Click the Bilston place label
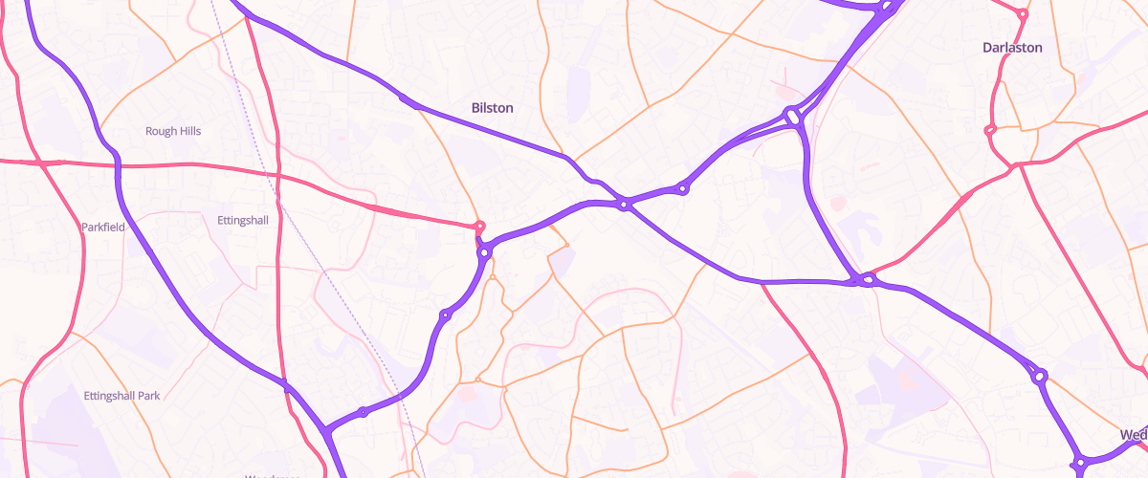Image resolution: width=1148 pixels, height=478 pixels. point(493,108)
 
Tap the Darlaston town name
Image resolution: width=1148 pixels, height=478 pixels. point(1012,47)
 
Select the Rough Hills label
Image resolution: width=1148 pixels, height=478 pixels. point(173,131)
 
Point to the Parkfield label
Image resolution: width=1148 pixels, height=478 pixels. point(103,227)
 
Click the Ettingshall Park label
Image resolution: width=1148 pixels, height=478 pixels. point(121,395)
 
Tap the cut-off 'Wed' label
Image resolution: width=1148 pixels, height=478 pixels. point(1133,435)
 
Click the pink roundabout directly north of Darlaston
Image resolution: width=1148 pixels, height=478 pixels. point(1023,14)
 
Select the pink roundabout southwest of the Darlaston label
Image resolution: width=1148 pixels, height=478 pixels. point(990,130)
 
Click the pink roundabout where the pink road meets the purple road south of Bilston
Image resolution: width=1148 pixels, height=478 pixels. point(480,227)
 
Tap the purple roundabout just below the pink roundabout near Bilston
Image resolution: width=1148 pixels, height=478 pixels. point(485,252)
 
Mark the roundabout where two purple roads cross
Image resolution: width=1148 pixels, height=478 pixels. point(624,204)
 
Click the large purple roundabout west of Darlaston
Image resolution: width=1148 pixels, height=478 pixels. point(792,117)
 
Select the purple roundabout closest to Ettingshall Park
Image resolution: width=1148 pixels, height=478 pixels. point(363,412)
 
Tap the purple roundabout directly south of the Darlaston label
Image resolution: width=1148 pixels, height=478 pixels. point(1040,377)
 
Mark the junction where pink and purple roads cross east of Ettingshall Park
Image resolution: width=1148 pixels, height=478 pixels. point(286,385)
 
